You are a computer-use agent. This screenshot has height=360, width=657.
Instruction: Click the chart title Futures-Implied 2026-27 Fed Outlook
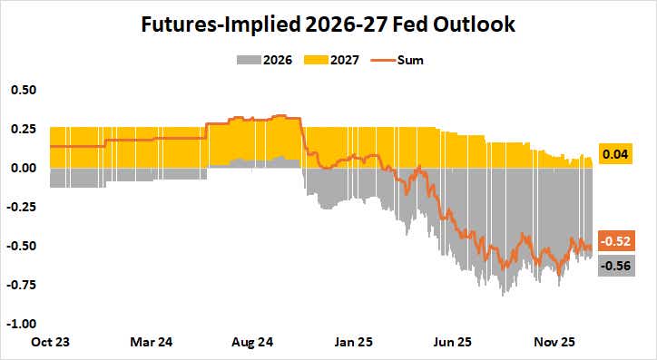click(x=328, y=24)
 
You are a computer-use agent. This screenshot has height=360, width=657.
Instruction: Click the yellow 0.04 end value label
click(x=616, y=155)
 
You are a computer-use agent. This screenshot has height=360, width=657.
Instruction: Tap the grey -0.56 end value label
click(x=616, y=267)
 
